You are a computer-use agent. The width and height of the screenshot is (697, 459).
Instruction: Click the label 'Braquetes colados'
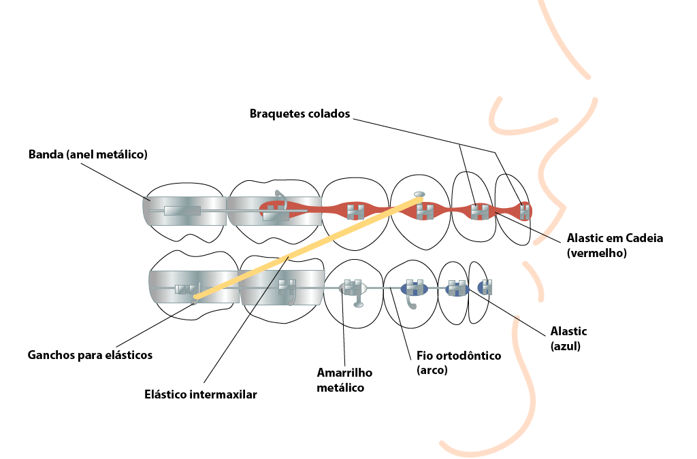[299, 114]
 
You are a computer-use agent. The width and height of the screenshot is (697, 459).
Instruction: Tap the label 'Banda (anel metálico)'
[88, 154]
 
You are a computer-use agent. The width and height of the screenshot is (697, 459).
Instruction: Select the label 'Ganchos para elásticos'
[90, 355]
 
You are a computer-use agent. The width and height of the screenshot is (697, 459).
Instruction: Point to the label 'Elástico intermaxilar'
[201, 394]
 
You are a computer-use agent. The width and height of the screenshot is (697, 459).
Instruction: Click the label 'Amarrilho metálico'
[344, 380]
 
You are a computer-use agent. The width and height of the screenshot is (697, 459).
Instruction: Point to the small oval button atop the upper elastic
[419, 194]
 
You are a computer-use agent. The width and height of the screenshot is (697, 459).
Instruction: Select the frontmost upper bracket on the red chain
[524, 211]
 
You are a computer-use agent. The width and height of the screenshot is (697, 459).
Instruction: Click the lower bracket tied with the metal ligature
[352, 287]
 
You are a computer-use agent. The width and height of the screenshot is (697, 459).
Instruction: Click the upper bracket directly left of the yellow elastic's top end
[355, 211]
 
